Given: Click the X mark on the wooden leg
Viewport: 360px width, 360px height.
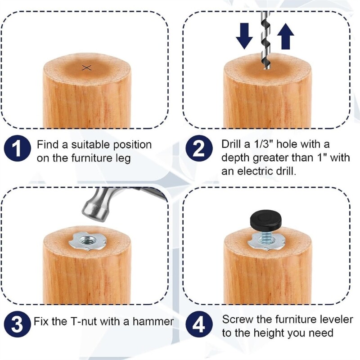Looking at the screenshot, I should click(87, 67).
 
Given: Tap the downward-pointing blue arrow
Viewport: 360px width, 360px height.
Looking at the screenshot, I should click(244, 36).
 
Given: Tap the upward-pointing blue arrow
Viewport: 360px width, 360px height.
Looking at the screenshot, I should click(285, 36).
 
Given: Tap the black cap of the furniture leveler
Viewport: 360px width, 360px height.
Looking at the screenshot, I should click(265, 221).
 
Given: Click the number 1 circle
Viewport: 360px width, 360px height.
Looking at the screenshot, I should click(17, 150).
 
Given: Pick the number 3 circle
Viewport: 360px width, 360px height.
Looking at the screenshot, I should click(17, 323).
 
